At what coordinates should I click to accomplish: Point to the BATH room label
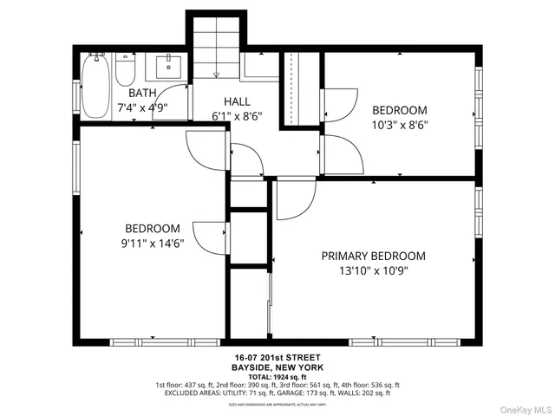point(142,93)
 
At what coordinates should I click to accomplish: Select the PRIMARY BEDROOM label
point(373,256)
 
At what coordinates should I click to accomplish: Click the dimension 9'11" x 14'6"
point(152,244)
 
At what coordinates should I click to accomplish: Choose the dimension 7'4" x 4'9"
point(142,107)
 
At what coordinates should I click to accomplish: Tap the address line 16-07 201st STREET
point(277,357)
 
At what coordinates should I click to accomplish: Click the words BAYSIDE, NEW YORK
point(277,367)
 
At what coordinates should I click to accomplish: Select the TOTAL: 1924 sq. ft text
point(277,377)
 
